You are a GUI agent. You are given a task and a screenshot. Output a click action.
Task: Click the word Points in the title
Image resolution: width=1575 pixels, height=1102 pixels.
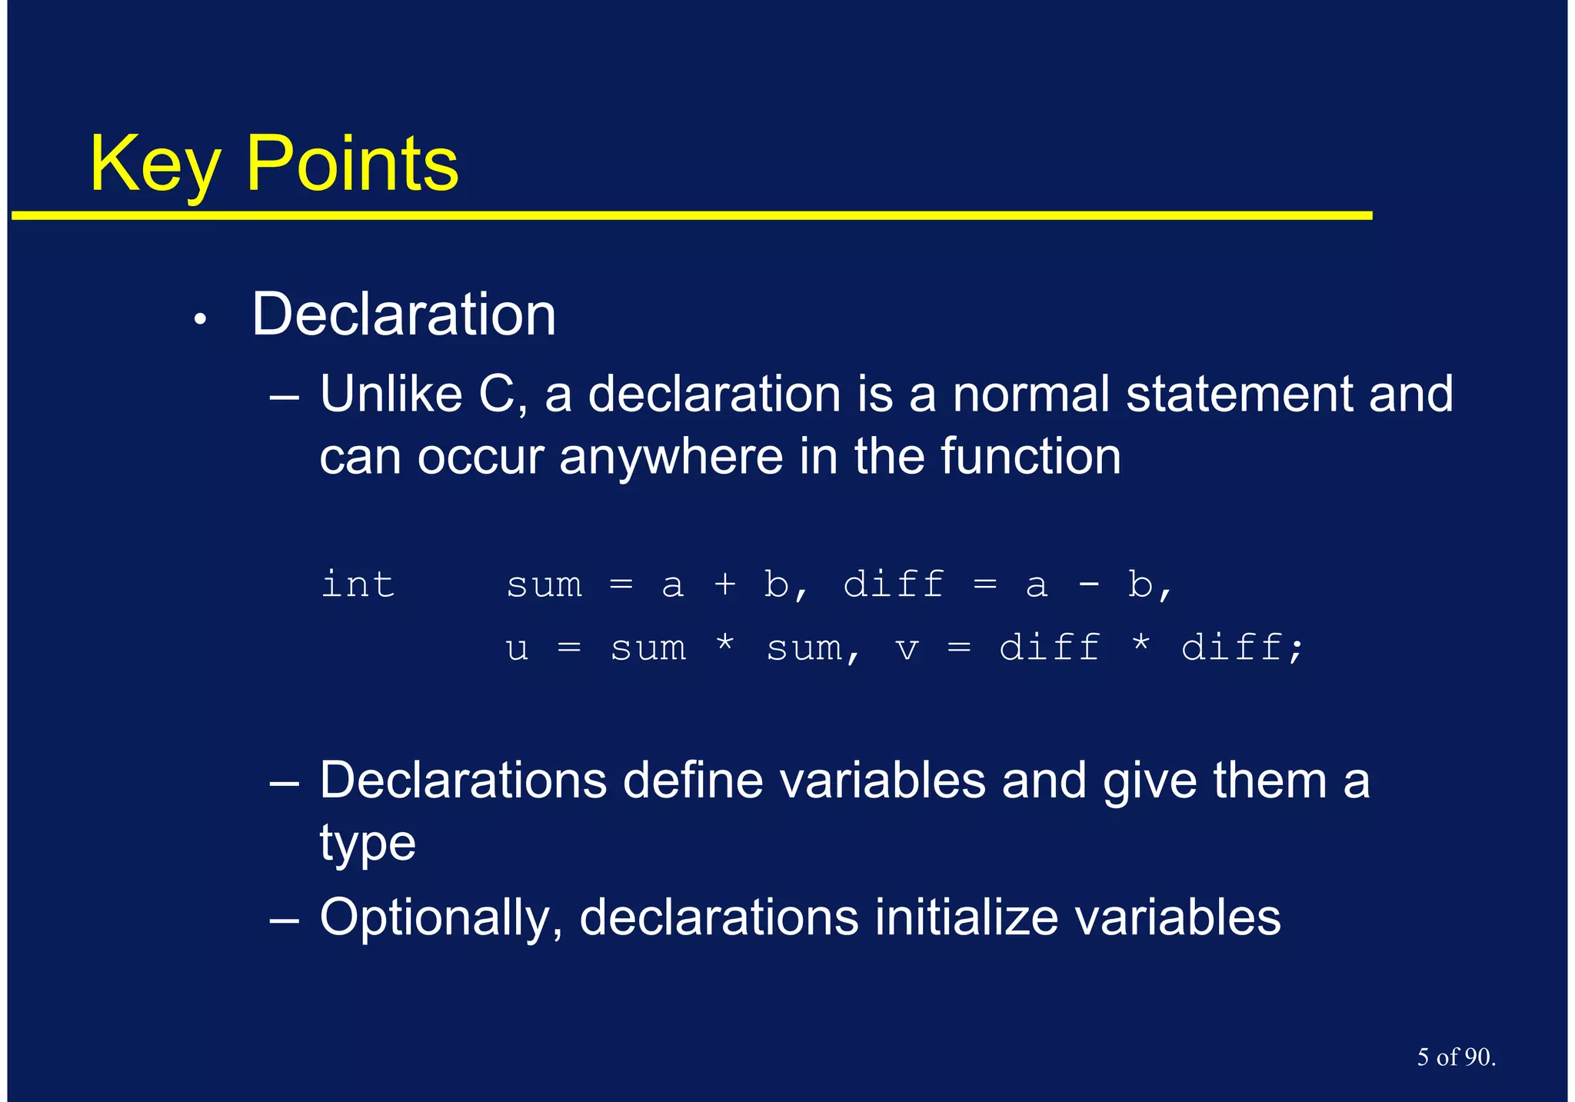click(351, 164)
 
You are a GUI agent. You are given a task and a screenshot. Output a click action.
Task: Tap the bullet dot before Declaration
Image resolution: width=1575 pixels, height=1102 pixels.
click(200, 320)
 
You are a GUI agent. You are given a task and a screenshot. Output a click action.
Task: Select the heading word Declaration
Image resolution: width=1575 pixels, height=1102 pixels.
click(403, 315)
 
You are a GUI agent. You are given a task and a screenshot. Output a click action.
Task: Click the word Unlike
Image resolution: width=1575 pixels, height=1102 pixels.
click(390, 395)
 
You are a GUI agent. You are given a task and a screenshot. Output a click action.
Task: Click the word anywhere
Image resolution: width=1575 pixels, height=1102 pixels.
click(670, 457)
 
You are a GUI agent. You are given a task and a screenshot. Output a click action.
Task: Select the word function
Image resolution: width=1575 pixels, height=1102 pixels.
click(1031, 457)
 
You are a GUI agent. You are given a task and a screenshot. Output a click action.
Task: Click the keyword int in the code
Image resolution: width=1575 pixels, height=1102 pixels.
click(358, 584)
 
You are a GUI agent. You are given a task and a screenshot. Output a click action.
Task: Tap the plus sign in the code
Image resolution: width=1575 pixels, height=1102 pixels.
click(724, 585)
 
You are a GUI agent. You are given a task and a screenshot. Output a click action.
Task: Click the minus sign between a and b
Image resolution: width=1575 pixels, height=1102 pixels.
click(1088, 586)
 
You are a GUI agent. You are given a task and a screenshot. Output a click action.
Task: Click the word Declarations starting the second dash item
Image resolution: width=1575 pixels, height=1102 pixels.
click(463, 781)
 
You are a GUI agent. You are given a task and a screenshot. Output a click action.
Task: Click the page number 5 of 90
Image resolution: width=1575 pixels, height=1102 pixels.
click(1455, 1057)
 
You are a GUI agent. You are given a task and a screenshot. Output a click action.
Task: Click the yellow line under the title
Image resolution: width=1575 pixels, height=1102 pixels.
click(692, 216)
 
